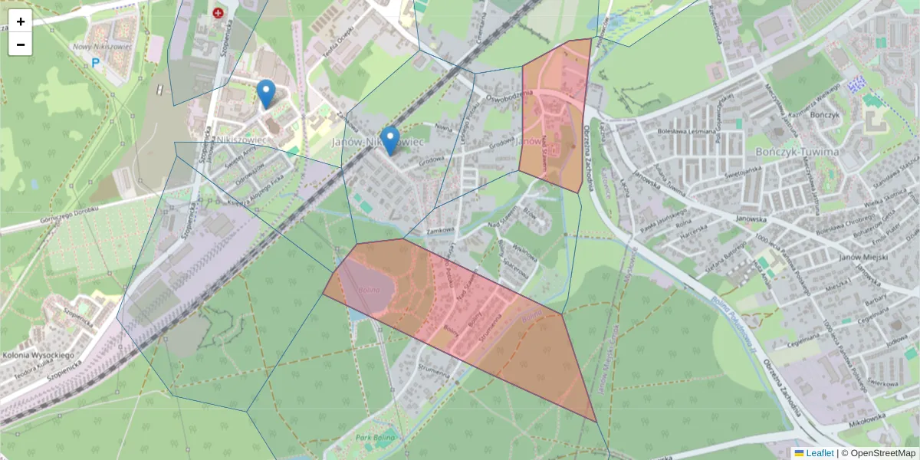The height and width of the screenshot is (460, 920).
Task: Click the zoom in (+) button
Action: pyautogui.click(x=21, y=21)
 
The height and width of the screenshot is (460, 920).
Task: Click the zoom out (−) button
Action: pyautogui.click(x=21, y=44)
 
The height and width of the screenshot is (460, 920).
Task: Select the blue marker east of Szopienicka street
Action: pyautogui.click(x=266, y=94)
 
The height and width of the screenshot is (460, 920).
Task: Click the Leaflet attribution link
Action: pyautogui.click(x=820, y=453)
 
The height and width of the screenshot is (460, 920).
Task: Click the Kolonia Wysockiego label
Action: pyautogui.click(x=37, y=356)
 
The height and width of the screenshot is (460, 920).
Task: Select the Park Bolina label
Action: pyautogui.click(x=376, y=437)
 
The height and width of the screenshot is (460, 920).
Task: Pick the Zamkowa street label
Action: pyautogui.click(x=442, y=229)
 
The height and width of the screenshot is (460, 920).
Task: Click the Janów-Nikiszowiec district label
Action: pyautogui.click(x=379, y=143)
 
